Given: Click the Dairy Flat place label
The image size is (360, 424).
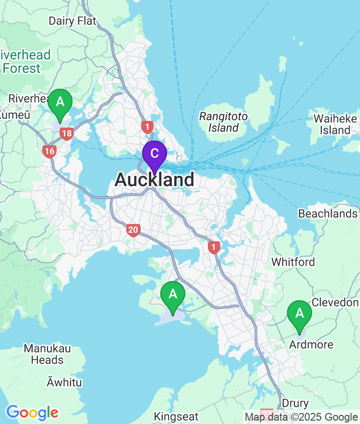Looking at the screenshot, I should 72,21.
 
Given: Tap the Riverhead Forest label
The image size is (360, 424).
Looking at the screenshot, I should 24,62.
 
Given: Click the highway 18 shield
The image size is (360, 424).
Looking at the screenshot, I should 67,134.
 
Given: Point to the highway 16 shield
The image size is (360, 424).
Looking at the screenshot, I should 49,152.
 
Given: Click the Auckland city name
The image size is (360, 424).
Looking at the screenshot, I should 155,180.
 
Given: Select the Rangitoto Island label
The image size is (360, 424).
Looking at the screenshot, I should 223,122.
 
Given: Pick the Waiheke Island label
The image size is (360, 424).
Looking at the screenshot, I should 336,124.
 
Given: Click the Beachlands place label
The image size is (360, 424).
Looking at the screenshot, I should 328,213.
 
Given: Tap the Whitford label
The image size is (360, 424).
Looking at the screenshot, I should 293,262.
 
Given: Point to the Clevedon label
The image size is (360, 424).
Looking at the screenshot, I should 335,302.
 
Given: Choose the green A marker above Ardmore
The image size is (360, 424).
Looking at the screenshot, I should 300,315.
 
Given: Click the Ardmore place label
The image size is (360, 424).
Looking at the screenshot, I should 311,344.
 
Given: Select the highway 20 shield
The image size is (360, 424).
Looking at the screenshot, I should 133,230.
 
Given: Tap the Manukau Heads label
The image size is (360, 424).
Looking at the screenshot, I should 47,353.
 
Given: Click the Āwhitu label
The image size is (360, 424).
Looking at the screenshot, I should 64,383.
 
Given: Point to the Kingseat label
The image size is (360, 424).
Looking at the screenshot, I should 176,416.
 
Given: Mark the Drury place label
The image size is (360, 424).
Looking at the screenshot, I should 295,403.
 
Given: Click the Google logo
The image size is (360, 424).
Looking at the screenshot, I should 32,412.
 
